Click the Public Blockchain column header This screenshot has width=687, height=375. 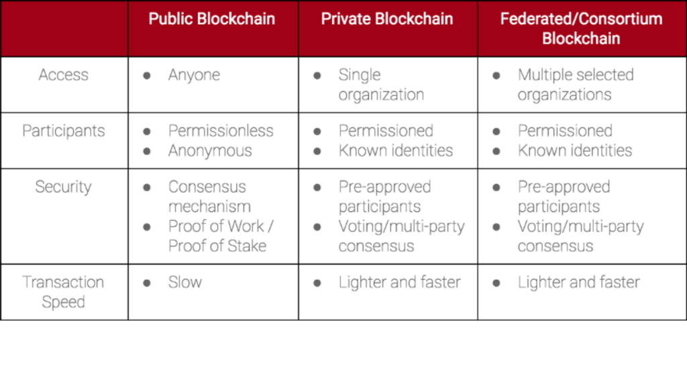(x=211, y=19)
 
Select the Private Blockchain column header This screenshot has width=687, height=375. (x=387, y=19)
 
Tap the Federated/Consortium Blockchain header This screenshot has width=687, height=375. (x=582, y=28)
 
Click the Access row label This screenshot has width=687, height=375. (x=64, y=75)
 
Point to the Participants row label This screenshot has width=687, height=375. (x=64, y=131)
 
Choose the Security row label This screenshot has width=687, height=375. (x=64, y=187)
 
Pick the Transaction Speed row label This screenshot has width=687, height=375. (x=64, y=292)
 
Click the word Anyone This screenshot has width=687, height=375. (x=194, y=75)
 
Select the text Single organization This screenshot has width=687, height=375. (x=381, y=85)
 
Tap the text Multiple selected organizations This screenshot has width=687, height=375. (x=576, y=85)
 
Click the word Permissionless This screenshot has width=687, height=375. (x=221, y=131)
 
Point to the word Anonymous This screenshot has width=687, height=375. (x=210, y=151)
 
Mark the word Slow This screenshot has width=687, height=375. (x=185, y=282)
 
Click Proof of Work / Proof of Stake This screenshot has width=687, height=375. (x=221, y=236)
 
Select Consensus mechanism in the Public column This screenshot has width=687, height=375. (x=209, y=197)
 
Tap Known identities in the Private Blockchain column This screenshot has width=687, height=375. (x=396, y=151)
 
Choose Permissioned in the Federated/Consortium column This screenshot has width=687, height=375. (x=565, y=131)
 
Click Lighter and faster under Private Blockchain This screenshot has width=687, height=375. (x=400, y=282)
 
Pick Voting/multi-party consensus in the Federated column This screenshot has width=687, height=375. (x=580, y=236)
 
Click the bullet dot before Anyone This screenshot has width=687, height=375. (x=147, y=76)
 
